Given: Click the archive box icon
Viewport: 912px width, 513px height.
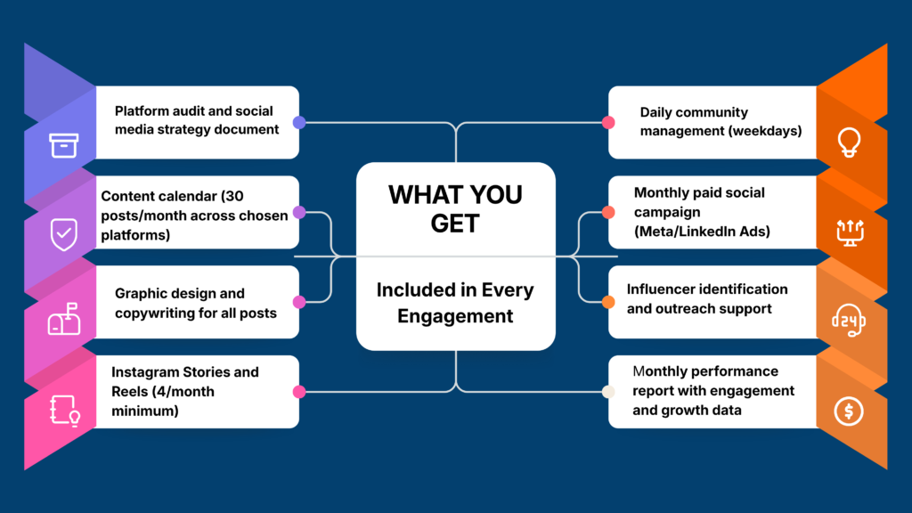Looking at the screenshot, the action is click(x=63, y=145).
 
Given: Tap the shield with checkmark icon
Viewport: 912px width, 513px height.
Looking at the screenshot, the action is click(x=63, y=234).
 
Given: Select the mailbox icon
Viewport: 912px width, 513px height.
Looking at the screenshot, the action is click(x=64, y=319).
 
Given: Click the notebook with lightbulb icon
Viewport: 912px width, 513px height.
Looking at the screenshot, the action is click(x=64, y=411).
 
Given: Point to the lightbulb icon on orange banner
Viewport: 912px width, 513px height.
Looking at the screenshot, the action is click(x=849, y=142).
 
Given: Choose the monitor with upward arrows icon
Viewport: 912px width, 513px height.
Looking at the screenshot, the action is click(x=850, y=232).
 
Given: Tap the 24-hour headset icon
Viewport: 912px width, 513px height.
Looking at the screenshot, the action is click(x=849, y=320).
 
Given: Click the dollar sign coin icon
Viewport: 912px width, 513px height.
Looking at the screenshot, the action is click(x=849, y=411).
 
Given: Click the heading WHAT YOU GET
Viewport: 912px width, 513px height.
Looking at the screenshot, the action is click(x=455, y=208).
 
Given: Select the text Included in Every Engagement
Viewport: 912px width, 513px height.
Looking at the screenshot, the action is click(x=455, y=303).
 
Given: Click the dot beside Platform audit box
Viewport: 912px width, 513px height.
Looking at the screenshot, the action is click(x=299, y=122).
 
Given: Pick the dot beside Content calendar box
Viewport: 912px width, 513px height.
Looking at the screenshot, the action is click(x=299, y=212).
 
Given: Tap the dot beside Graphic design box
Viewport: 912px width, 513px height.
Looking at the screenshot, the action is click(x=299, y=302).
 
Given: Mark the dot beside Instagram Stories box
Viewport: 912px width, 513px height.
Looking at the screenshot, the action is click(x=299, y=392).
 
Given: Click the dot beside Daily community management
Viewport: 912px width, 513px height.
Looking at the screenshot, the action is click(x=608, y=122).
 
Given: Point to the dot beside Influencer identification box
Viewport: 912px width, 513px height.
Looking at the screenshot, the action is click(x=608, y=302).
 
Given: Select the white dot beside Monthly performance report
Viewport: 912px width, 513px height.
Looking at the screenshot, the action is click(x=608, y=392).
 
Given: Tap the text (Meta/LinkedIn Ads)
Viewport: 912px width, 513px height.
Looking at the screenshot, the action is click(x=702, y=232).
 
